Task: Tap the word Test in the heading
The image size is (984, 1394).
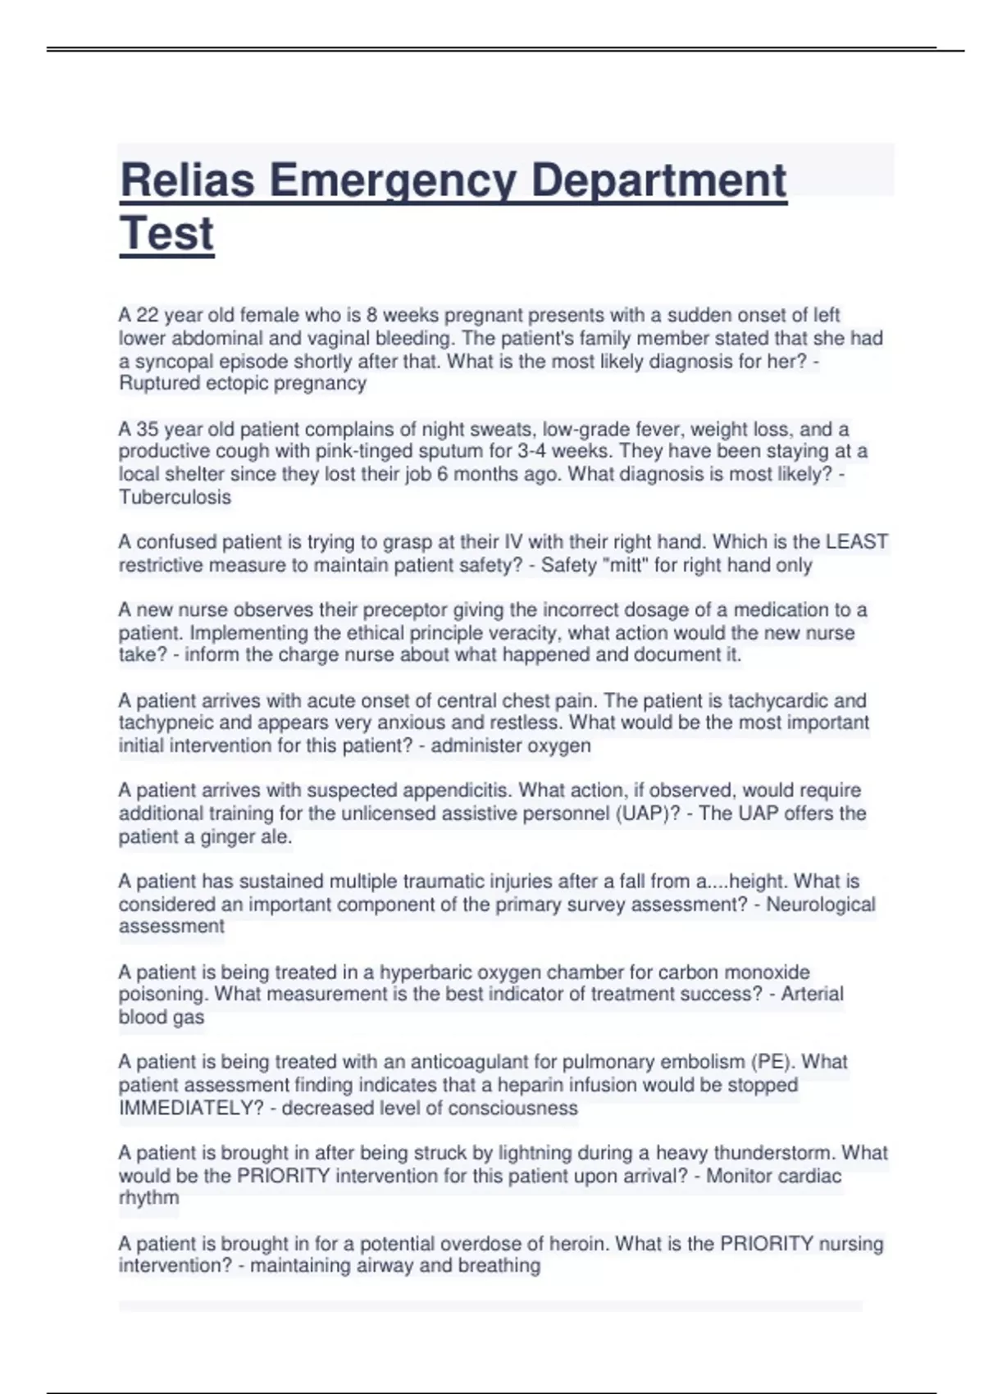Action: (x=166, y=234)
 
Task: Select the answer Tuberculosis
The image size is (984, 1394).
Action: (x=175, y=497)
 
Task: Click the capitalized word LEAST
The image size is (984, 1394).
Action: (x=857, y=542)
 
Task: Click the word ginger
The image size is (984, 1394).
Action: (x=222, y=836)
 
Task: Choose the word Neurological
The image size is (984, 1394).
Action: (x=820, y=904)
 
